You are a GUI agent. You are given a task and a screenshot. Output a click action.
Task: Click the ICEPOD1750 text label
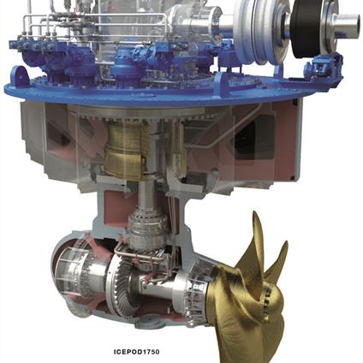point(136,352)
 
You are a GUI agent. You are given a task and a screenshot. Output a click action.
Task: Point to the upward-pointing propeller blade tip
point(255,213)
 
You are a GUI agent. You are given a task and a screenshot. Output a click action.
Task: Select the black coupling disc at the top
point(306,27)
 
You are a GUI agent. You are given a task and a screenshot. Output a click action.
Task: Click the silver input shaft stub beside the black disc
point(348,24)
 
